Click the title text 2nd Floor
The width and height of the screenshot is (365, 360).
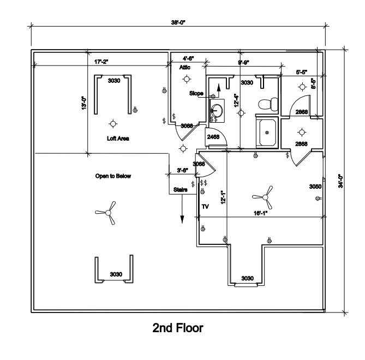[178, 328]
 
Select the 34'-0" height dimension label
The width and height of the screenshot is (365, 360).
[339, 181]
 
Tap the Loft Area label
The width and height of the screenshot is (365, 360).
[118, 139]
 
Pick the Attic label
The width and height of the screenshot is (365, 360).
[185, 68]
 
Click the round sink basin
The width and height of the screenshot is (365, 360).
[217, 108]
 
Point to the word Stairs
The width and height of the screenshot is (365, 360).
[181, 190]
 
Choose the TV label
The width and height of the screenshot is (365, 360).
[206, 207]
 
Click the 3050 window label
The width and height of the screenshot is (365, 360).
[315, 187]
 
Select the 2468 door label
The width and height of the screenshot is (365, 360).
[213, 137]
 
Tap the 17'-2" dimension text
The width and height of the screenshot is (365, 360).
[101, 62]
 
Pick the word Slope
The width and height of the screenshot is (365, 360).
[196, 93]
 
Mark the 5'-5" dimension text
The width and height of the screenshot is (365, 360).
[301, 71]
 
